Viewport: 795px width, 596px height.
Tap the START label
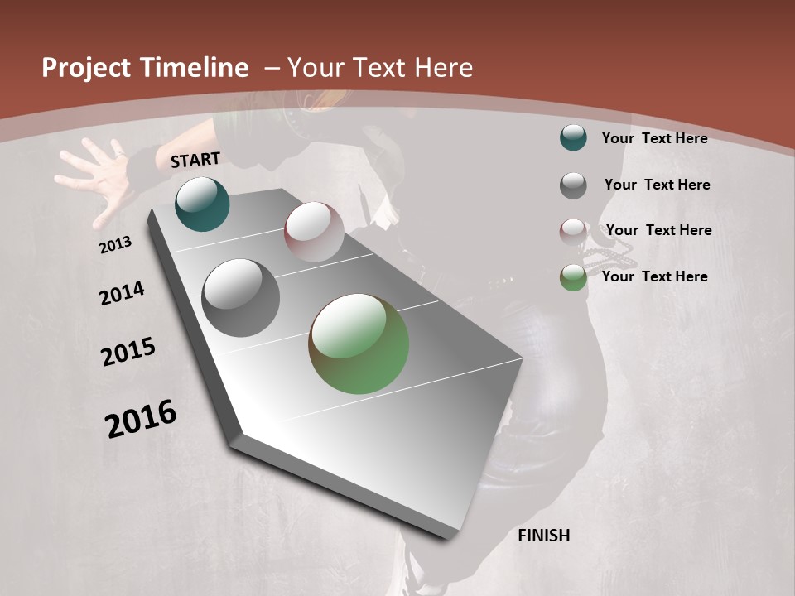click(195, 160)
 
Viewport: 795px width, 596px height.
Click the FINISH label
click(543, 536)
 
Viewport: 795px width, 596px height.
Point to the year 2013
click(116, 245)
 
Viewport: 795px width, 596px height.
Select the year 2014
click(122, 294)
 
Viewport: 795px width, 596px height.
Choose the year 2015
click(128, 352)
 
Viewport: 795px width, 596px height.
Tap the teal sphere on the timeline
click(202, 204)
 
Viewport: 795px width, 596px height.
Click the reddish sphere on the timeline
click(314, 232)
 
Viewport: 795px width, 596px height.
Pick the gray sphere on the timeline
click(241, 298)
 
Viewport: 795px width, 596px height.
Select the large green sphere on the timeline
click(359, 344)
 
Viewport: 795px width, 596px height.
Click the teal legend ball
click(573, 137)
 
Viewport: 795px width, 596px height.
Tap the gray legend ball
click(573, 185)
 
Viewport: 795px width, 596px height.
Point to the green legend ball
click(573, 277)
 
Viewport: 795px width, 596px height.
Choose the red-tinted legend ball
click(573, 232)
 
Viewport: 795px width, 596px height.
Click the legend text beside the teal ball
click(654, 138)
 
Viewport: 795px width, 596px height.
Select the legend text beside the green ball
click(654, 276)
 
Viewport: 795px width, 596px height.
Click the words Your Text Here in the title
click(380, 68)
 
